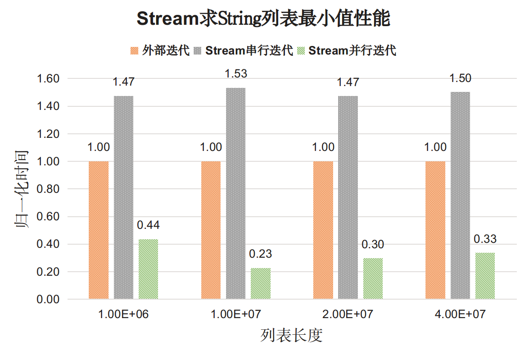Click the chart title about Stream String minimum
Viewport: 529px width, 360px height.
click(263, 19)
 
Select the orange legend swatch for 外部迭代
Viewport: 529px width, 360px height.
click(134, 50)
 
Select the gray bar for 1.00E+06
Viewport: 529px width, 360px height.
click(123, 197)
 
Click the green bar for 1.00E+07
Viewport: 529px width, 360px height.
click(261, 283)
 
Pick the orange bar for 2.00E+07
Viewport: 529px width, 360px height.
click(323, 230)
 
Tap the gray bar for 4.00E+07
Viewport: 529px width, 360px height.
click(460, 195)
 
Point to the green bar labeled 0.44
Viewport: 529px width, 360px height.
click(149, 269)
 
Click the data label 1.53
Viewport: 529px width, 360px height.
click(236, 73)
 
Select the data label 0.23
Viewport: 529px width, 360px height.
click(261, 254)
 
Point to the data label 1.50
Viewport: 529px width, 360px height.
click(460, 78)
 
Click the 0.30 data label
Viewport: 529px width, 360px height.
click(373, 245)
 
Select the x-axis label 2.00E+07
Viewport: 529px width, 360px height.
click(348, 314)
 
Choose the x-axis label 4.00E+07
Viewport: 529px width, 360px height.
click(460, 314)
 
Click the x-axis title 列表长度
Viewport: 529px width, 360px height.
click(291, 336)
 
